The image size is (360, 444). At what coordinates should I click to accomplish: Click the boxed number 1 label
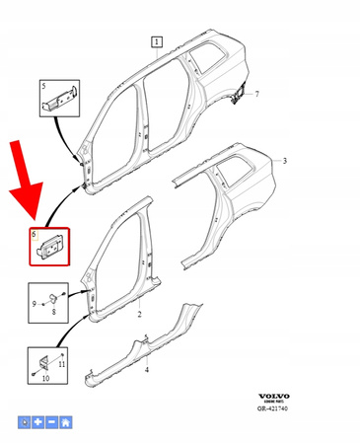[156, 41]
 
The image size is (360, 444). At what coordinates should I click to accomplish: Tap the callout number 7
[256, 94]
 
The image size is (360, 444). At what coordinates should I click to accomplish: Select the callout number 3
[284, 160]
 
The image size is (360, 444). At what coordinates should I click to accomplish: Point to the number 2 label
[140, 315]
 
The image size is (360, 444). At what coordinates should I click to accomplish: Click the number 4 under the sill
[147, 370]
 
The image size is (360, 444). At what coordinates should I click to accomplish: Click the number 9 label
[34, 303]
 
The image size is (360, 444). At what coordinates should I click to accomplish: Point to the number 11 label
[61, 365]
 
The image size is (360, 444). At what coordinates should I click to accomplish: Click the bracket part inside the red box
[49, 247]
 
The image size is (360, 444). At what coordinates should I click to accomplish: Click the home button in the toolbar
[65, 422]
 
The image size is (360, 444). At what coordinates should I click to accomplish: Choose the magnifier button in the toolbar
[27, 422]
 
